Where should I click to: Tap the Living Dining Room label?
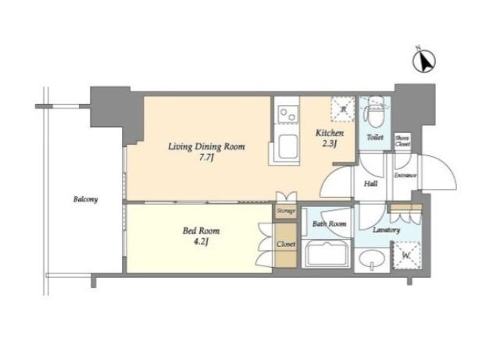point(206,147)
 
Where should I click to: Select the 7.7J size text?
point(206,158)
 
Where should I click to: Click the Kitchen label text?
point(330,133)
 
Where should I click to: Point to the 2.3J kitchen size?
point(330,144)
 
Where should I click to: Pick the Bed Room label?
point(201,230)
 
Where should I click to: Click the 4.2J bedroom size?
point(201,242)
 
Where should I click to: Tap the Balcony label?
point(85,199)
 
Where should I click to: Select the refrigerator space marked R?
point(343,109)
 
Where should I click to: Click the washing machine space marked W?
point(406,255)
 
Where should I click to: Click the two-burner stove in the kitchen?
point(287,113)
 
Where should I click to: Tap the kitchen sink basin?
point(288,147)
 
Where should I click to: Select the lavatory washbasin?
point(372,258)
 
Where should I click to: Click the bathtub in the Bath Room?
point(327,254)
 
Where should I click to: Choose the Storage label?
point(286,211)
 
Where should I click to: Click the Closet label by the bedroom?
point(286,244)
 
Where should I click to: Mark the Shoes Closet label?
point(402,141)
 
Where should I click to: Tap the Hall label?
point(371,184)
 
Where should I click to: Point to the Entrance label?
point(405,176)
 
